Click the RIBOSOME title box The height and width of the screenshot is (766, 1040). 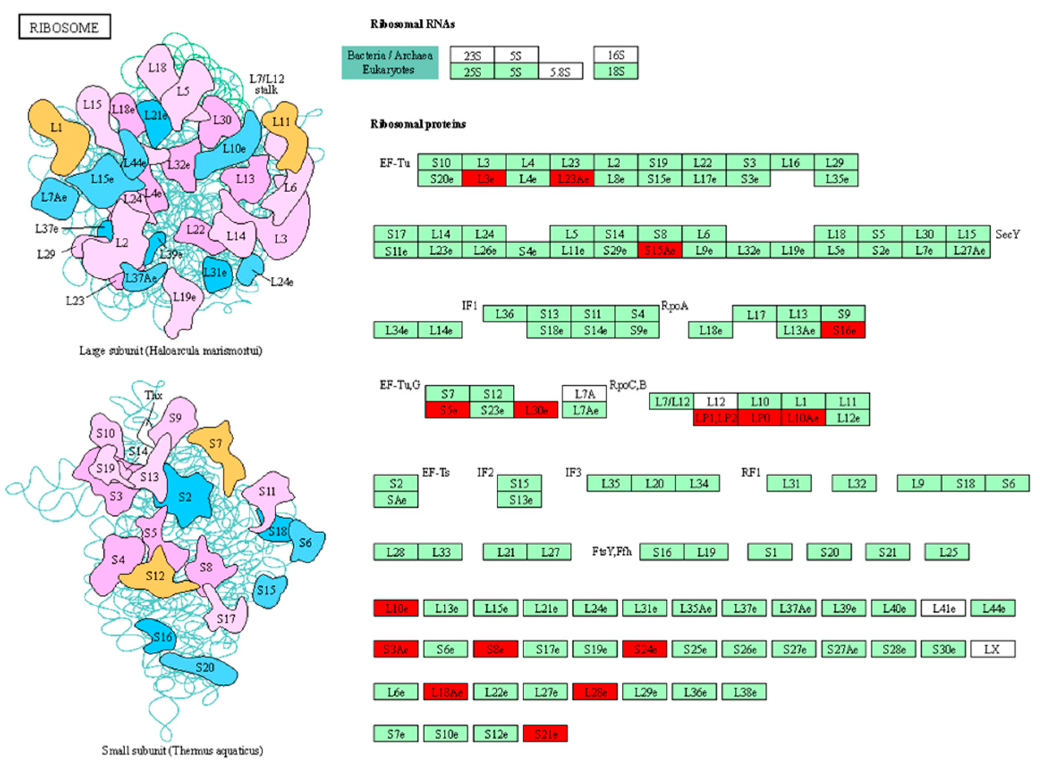[65, 27]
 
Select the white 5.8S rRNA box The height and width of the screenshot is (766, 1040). [560, 72]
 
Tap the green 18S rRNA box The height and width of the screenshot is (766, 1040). [616, 72]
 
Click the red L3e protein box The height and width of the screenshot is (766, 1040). [484, 179]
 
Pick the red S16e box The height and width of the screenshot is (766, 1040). [843, 330]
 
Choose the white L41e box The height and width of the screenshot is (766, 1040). [943, 608]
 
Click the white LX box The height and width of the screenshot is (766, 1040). [992, 649]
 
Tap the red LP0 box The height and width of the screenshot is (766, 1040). [760, 418]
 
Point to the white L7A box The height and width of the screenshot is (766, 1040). [584, 394]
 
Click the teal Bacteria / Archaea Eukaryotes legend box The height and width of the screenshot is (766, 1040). [390, 63]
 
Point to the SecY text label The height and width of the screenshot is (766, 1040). [1007, 234]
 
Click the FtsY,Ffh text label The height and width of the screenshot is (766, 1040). [612, 551]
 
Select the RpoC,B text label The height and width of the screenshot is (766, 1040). [628, 385]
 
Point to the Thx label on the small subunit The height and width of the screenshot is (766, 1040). [153, 395]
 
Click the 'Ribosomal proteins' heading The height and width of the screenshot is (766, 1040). [418, 124]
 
